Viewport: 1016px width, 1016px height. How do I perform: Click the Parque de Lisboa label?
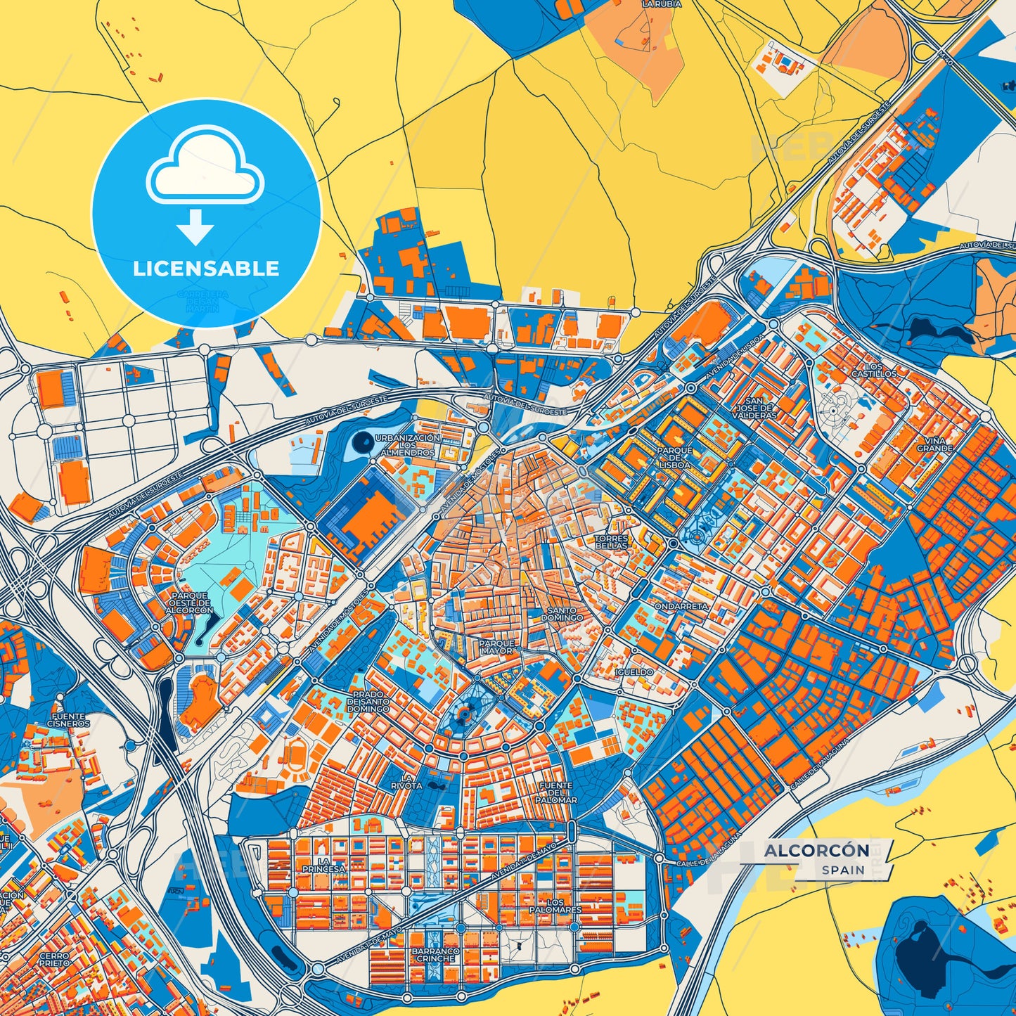click(x=674, y=458)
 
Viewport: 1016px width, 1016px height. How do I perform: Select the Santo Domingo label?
click(x=562, y=614)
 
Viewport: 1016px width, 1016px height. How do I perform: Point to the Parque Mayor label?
click(x=497, y=647)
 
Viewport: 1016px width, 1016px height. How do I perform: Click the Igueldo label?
click(x=634, y=672)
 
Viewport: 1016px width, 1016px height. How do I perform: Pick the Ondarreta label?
click(x=681, y=605)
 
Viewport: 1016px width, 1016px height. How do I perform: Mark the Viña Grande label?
click(x=934, y=444)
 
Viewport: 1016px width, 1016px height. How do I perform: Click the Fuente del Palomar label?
click(x=555, y=792)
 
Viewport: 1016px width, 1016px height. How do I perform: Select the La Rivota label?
click(x=407, y=780)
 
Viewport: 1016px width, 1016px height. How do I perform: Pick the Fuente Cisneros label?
click(x=69, y=719)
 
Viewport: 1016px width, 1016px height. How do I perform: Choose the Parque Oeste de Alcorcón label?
click(x=189, y=603)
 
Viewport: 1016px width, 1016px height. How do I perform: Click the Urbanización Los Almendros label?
click(x=408, y=445)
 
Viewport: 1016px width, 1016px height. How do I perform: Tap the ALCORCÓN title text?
click(x=816, y=851)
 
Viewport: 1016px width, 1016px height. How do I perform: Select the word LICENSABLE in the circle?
click(x=206, y=268)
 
